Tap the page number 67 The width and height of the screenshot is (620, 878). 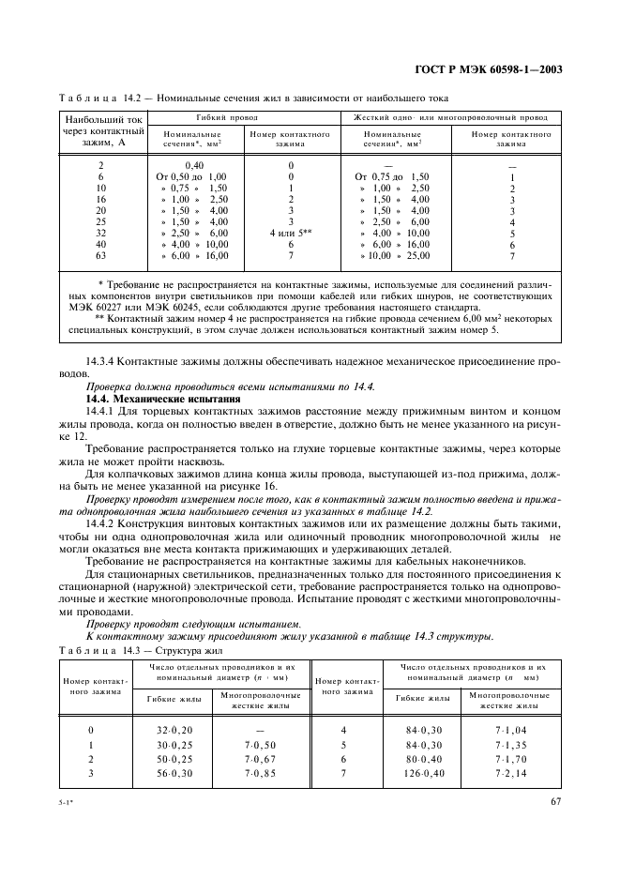(555, 801)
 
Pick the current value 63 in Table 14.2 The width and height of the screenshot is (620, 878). (101, 255)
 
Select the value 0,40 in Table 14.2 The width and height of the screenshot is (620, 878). (196, 165)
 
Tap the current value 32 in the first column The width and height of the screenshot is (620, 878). (101, 233)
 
